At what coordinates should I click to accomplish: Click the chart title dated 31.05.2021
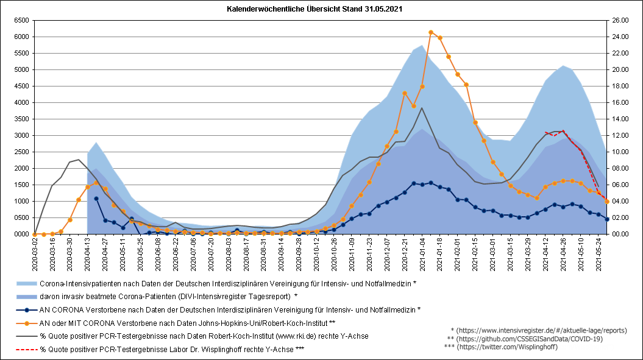coord(314,9)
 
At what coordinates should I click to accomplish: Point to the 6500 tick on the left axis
coord(21,21)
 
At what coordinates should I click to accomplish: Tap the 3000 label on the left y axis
coord(21,135)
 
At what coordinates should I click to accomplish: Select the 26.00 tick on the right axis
coord(620,21)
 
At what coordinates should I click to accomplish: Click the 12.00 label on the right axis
coord(620,135)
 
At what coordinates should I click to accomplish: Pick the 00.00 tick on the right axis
coord(620,234)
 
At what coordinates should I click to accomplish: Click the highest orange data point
coord(431,32)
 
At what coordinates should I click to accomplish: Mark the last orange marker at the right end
coord(607,202)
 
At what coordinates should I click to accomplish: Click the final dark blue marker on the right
coord(607,219)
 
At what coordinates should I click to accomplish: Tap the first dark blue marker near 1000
coord(96,199)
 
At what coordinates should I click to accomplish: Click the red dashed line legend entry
coord(160,350)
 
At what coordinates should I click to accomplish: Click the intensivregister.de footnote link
coord(539,331)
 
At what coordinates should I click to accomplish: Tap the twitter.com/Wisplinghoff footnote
coord(501,347)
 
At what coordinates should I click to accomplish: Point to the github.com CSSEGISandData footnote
coord(525,339)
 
